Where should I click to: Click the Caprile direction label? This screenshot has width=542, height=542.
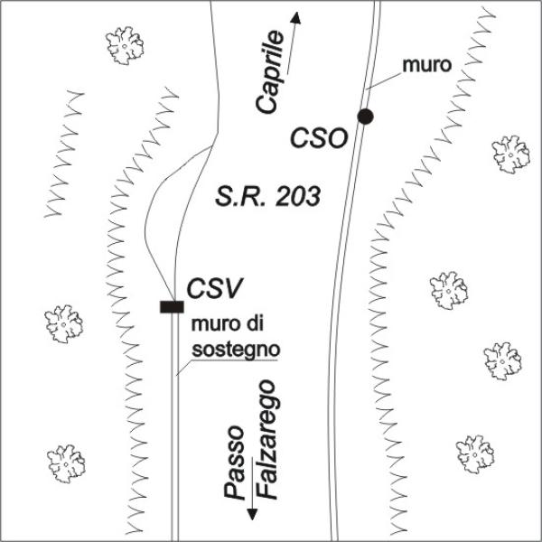(x=271, y=71)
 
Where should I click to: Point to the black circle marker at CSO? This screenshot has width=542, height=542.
(x=365, y=116)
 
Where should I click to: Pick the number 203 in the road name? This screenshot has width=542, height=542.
(x=299, y=195)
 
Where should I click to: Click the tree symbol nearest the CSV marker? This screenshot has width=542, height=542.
(x=63, y=322)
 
